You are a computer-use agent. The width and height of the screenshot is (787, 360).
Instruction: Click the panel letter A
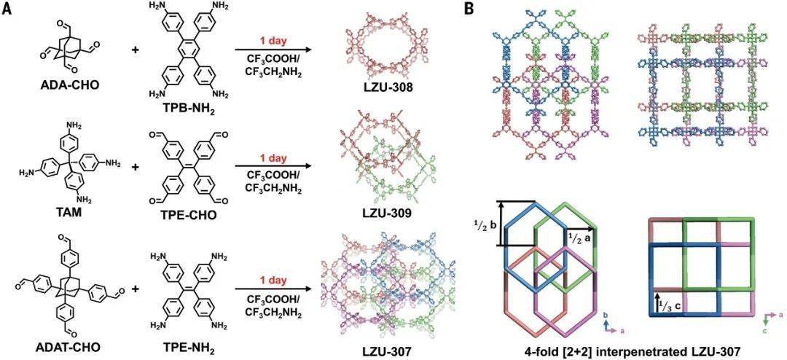[7, 9]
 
